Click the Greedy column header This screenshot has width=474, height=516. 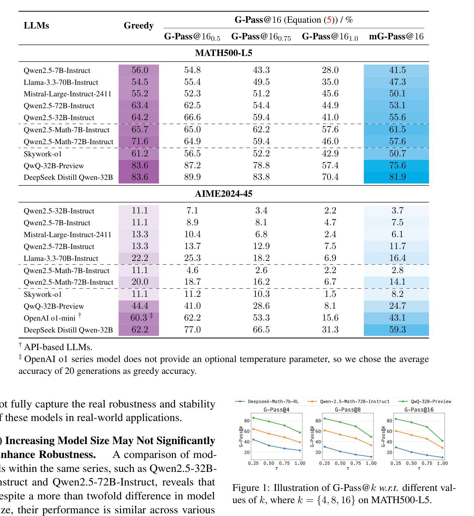(x=138, y=25)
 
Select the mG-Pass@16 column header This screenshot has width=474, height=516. (x=396, y=36)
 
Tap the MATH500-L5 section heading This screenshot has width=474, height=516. (x=223, y=53)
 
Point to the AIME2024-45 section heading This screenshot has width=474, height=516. (x=223, y=193)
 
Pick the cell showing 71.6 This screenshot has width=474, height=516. (x=140, y=141)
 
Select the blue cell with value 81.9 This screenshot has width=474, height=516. (x=397, y=177)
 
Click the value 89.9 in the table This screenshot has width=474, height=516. (x=192, y=177)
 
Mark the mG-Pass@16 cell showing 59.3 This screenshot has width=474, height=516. (x=397, y=329)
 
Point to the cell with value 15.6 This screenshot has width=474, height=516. (x=330, y=318)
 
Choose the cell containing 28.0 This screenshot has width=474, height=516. (x=330, y=70)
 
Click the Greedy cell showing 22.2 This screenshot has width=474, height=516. (x=140, y=258)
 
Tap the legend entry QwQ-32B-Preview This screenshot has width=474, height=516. (x=425, y=401)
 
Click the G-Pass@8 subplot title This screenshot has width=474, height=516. (x=348, y=410)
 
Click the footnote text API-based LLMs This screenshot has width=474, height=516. (x=58, y=347)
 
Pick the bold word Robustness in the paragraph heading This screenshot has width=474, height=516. (x=67, y=455)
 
